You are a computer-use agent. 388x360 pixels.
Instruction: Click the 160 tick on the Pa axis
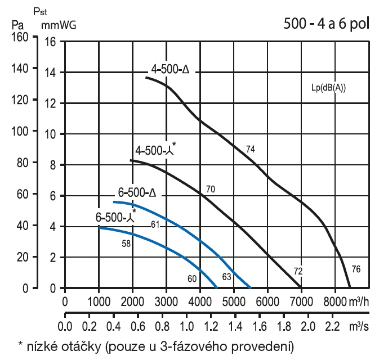point(19,40)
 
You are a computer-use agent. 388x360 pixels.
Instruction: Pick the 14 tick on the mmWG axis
point(50,72)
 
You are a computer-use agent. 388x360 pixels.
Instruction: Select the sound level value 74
point(251,148)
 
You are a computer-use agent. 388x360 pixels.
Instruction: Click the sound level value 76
point(356,269)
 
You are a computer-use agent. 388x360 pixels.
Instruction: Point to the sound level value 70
point(211,190)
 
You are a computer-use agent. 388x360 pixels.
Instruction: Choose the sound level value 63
point(227,277)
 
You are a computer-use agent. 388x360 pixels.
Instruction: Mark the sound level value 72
point(298,271)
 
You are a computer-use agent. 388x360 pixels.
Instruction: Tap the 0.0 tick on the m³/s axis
point(65,327)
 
